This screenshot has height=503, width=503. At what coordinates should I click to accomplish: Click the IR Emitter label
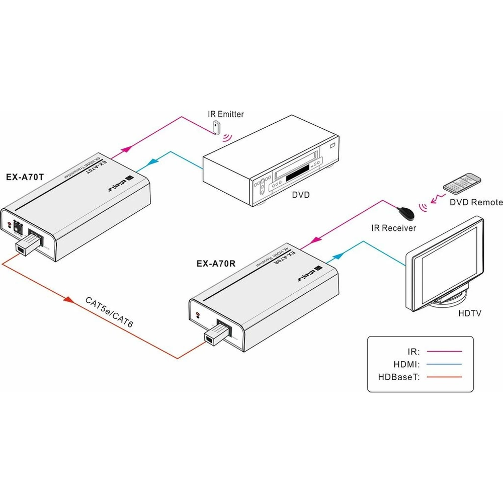[226, 114]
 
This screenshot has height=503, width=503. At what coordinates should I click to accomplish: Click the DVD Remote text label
[476, 202]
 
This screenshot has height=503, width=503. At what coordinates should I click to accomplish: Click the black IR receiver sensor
[406, 213]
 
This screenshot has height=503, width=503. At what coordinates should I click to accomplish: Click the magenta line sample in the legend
[443, 352]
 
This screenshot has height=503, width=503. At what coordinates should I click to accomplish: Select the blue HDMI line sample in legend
[443, 364]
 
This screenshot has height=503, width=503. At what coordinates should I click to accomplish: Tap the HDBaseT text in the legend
[398, 376]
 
